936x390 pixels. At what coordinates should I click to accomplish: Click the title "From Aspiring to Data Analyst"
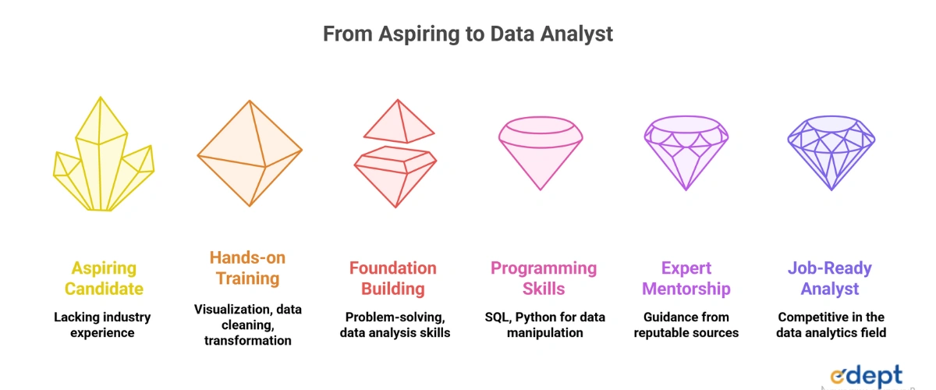click(x=467, y=34)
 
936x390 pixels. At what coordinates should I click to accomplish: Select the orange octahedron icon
click(x=250, y=153)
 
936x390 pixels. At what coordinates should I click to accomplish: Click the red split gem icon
click(x=395, y=153)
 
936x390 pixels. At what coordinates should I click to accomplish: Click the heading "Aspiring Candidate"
click(x=104, y=278)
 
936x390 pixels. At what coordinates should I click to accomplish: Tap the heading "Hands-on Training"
click(x=247, y=268)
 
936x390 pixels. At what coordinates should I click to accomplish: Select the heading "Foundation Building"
click(x=393, y=278)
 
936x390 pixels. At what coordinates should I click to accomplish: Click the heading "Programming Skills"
click(x=544, y=278)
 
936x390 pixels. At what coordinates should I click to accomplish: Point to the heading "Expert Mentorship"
click(x=686, y=278)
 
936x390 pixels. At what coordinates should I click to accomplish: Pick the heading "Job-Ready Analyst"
click(x=830, y=278)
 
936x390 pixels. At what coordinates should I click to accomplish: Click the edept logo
click(x=867, y=376)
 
